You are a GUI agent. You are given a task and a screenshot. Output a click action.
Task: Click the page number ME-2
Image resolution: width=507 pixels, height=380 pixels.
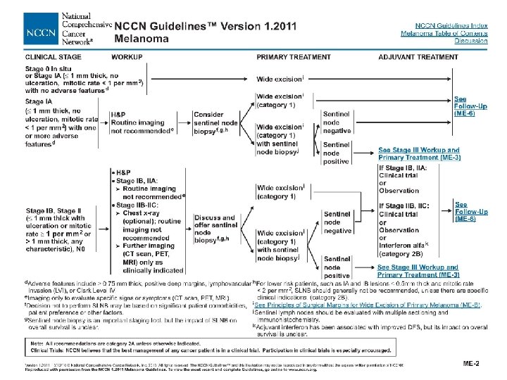(471, 363)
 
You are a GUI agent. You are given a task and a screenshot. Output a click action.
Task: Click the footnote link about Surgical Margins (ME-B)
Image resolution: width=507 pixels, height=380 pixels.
(369, 305)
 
